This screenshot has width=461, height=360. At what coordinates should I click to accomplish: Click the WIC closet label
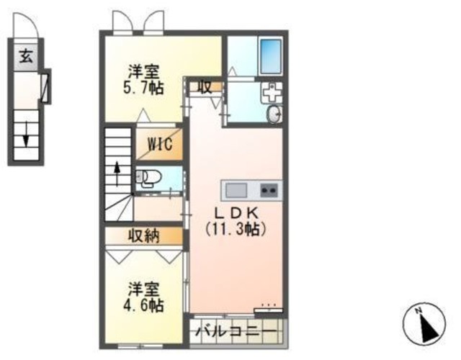point(160,143)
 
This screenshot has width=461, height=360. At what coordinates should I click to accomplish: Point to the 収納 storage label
point(144,236)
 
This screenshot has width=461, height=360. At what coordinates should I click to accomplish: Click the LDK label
point(236,214)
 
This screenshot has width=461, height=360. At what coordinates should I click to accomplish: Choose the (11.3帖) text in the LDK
point(236,230)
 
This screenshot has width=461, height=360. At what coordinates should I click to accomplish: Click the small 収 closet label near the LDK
point(205,87)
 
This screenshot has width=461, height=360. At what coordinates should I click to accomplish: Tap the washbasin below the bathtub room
point(274,115)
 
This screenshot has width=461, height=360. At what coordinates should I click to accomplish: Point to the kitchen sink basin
point(236,190)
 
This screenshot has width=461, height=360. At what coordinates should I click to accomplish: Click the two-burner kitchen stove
point(269,190)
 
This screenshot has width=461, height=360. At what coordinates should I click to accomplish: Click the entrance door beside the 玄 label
point(45,87)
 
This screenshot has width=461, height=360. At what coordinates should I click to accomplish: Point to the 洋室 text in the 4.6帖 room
point(144,289)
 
